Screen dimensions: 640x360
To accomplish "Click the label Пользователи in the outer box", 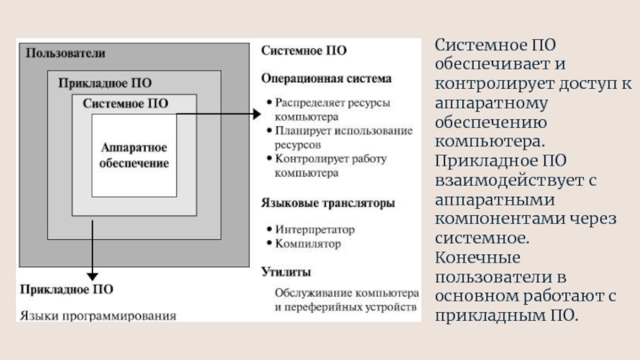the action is pyautogui.click(x=66, y=53).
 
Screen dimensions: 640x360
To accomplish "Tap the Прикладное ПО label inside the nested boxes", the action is pyautogui.click(x=105, y=82).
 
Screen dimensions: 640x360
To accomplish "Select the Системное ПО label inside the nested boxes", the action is pyautogui.click(x=125, y=103).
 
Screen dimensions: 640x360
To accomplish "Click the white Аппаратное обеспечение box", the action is pyautogui.click(x=134, y=156).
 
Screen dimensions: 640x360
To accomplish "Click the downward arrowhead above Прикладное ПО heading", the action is pyautogui.click(x=93, y=274).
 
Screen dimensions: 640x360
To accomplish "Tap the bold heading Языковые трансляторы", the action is pyautogui.click(x=327, y=204).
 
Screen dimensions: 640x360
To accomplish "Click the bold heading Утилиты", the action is pyautogui.click(x=286, y=272).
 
